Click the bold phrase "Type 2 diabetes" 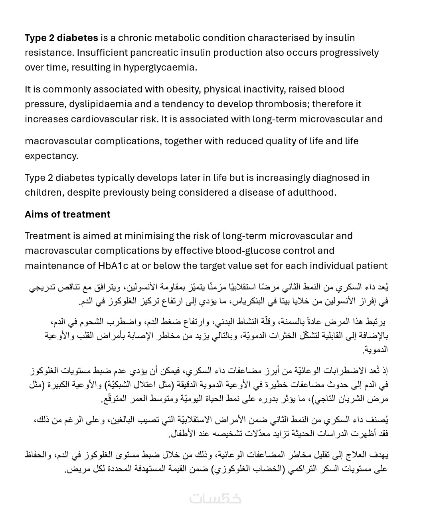[x=61, y=38]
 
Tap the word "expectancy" [x=51, y=156]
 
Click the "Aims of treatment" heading [x=67, y=214]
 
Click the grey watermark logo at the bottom [x=215, y=498]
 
